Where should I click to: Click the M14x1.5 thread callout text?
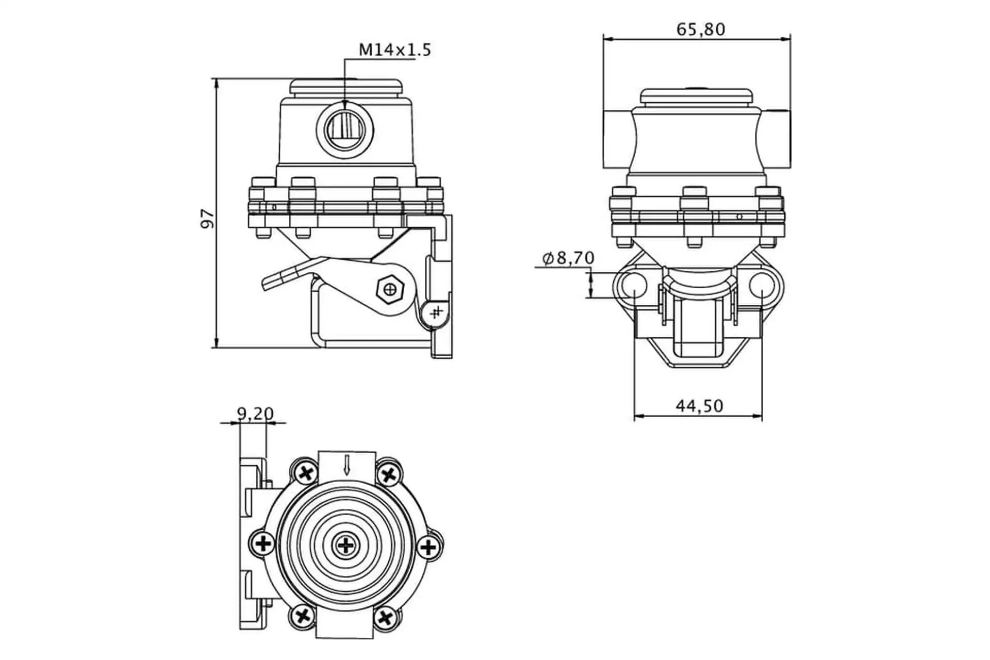[394, 50]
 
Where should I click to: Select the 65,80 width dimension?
[700, 29]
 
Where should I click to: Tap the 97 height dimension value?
[207, 218]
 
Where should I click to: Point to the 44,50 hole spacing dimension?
[699, 406]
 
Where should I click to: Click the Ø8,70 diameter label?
[568, 258]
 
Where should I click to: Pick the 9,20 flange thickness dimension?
[255, 413]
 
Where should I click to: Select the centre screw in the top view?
[345, 545]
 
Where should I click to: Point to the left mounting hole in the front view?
[633, 285]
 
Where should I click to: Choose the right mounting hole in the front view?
[762, 285]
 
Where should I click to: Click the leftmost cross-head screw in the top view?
[263, 543]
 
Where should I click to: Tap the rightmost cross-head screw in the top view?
[428, 546]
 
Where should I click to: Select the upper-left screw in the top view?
[306, 472]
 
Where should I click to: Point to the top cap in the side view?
[345, 87]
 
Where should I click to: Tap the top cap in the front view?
[696, 96]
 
